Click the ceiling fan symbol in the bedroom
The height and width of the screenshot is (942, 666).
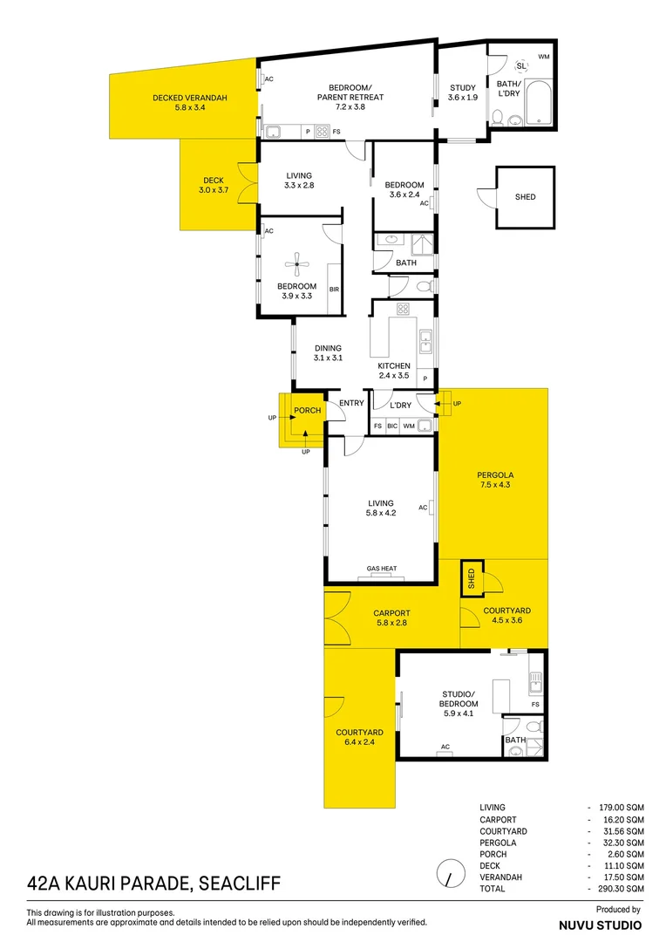click(x=297, y=259)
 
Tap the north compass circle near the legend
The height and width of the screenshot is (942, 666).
click(x=449, y=872)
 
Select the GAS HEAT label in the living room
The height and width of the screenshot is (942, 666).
click(x=381, y=569)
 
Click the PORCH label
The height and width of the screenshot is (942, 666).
click(x=307, y=411)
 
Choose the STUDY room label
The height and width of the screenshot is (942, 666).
click(x=463, y=92)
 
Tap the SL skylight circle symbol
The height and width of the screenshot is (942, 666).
click(x=521, y=66)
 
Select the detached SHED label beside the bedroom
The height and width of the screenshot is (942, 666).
click(x=525, y=197)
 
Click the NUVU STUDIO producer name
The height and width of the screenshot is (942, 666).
click(x=600, y=925)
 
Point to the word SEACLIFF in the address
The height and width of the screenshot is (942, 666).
click(x=240, y=884)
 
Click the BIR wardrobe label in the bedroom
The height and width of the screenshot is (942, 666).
click(x=334, y=290)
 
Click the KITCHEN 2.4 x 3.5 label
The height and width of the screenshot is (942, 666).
click(x=393, y=371)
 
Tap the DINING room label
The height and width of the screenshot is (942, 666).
click(x=328, y=352)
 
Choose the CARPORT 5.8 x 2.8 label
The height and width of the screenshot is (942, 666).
click(x=391, y=618)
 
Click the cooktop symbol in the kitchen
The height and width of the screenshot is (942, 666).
click(x=404, y=309)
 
